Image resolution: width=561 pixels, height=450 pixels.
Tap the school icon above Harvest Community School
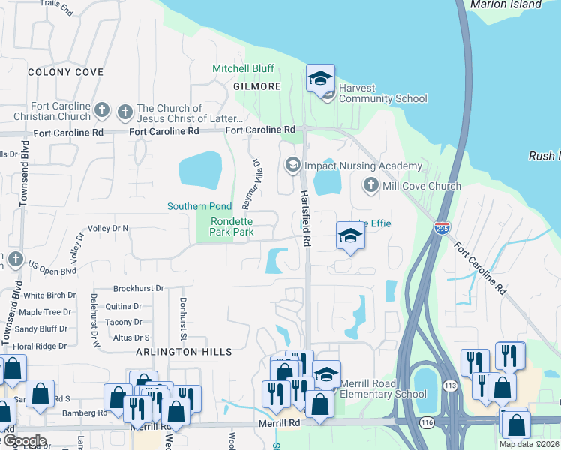(320, 77)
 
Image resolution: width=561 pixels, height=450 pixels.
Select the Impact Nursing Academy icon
(292, 165)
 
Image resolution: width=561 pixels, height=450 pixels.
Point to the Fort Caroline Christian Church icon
(103, 112)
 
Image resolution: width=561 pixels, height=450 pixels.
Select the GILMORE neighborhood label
(256, 86)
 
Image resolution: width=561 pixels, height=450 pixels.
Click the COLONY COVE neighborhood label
(65, 72)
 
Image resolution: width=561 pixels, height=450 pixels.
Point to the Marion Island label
(505, 4)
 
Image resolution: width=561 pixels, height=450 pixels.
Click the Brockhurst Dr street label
(139, 288)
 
